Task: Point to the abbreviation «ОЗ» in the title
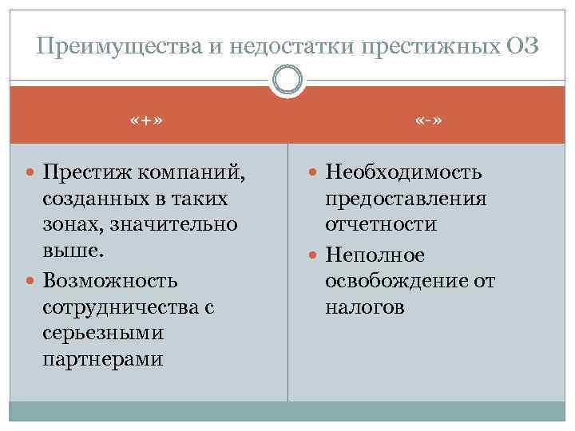[x=522, y=47]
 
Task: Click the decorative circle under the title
[x=287, y=81]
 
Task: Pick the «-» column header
[x=429, y=121]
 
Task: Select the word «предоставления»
[x=406, y=198]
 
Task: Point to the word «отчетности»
[x=381, y=225]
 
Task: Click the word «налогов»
[x=365, y=307]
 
